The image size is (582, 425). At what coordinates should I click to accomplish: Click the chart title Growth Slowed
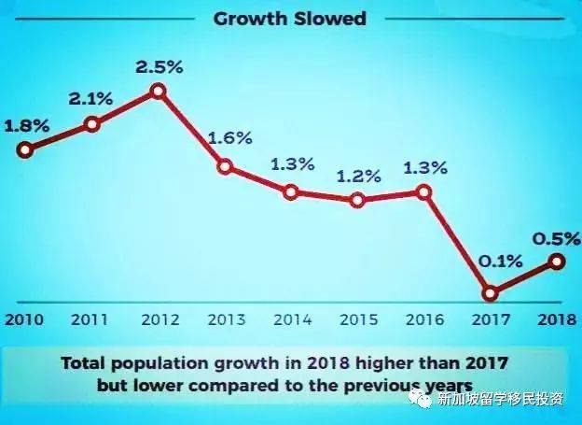point(289,18)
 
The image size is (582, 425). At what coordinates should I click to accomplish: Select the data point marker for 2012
point(158,91)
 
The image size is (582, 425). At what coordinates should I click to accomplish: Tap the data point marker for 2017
point(491,292)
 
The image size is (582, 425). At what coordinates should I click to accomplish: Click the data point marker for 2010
point(25,149)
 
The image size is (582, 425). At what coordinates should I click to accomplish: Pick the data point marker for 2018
point(557,262)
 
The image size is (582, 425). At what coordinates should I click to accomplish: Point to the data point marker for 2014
point(291,192)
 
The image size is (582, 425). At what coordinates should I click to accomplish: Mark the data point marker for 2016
point(424,191)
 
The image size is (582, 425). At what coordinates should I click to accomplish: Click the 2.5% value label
point(158,66)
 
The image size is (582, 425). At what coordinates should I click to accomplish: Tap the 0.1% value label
point(490,262)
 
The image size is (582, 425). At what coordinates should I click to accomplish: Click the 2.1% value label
point(90,98)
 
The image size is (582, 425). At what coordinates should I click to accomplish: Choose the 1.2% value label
point(358,175)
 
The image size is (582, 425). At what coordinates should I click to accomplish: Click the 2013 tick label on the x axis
point(226,319)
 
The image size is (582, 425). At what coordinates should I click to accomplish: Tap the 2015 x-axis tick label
point(358,319)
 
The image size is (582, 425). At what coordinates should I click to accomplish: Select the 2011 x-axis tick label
point(90,319)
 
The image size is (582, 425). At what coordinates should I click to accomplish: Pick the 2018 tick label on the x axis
point(557,319)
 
